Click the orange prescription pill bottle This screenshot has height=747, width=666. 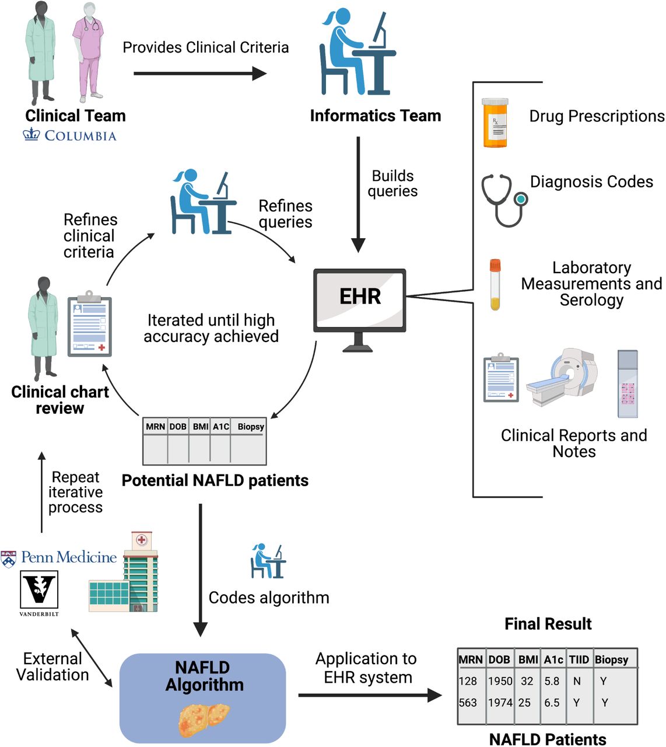pyautogui.click(x=495, y=123)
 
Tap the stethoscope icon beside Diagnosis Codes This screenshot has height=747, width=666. pyautogui.click(x=504, y=200)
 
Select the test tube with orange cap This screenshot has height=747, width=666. pyautogui.click(x=495, y=284)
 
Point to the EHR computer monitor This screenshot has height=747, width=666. pyautogui.click(x=359, y=310)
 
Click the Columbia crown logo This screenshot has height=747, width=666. pyautogui.click(x=31, y=135)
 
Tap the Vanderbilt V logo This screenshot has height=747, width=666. pyautogui.click(x=38, y=590)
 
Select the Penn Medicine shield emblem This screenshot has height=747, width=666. pyautogui.click(x=8, y=559)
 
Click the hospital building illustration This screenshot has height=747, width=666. pyautogui.click(x=124, y=573)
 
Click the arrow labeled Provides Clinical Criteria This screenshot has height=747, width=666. pyautogui.click(x=200, y=74)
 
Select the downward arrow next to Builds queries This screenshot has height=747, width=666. pyautogui.click(x=358, y=195)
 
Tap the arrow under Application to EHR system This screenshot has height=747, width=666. pyautogui.click(x=370, y=696)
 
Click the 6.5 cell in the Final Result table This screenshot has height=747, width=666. pyautogui.click(x=552, y=703)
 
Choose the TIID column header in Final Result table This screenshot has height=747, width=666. pyautogui.click(x=579, y=659)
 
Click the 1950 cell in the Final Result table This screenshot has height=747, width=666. pyautogui.click(x=500, y=681)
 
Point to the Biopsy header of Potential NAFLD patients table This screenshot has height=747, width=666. pyautogui.click(x=251, y=427)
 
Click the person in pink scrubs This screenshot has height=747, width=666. pyautogui.click(x=89, y=51)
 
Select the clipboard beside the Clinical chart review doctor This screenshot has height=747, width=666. pyautogui.click(x=90, y=324)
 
